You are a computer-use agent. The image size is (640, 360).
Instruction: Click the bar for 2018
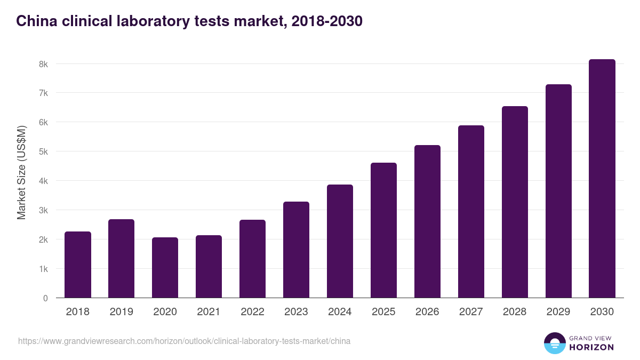[x=78, y=265]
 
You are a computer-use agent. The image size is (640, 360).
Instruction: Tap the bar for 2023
[x=296, y=250]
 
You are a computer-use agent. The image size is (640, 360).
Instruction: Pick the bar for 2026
[x=427, y=221]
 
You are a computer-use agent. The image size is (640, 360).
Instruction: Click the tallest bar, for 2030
[x=602, y=179]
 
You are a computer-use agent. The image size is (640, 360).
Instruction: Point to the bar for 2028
[x=515, y=202]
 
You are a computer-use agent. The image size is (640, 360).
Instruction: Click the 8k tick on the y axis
[x=43, y=64]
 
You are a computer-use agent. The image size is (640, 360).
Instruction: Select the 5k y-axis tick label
[x=43, y=151]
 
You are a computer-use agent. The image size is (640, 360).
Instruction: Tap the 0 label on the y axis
[x=45, y=298]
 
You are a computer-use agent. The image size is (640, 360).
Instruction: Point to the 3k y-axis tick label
[x=43, y=210]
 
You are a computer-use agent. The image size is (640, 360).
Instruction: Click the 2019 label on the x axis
[x=122, y=312]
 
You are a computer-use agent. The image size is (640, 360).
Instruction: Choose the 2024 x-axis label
[x=340, y=312]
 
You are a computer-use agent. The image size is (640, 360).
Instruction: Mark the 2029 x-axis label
[x=558, y=312]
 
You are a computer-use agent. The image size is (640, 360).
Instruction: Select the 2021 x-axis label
[x=209, y=312]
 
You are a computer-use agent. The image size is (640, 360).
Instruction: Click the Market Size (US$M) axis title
[x=21, y=172]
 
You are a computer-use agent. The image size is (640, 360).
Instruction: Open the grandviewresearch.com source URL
[x=184, y=341]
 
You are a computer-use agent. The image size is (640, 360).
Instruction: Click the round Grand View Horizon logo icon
[x=554, y=343]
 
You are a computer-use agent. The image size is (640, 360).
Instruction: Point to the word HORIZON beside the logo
[x=591, y=347]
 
